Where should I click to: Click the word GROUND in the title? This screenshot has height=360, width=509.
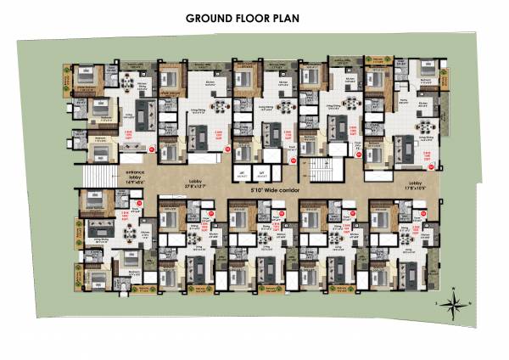click(208, 17)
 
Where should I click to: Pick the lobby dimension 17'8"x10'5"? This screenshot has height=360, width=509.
click(417, 187)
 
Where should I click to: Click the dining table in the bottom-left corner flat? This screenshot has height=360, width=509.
click(128, 259)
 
